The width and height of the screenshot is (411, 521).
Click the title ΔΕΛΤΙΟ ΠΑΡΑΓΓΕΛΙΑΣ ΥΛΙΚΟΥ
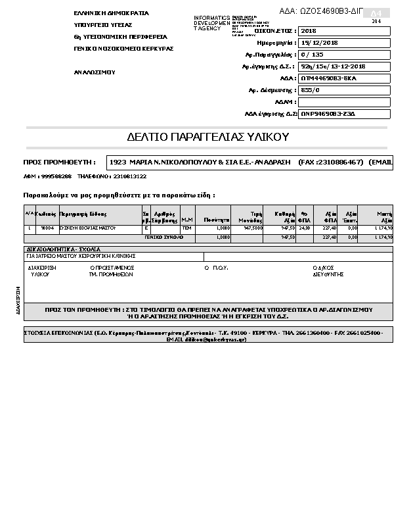207,137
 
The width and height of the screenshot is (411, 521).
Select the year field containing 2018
344,31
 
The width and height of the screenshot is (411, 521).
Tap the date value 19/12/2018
344,43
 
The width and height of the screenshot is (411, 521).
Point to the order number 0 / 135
344,55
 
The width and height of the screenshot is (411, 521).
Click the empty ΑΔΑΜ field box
344,102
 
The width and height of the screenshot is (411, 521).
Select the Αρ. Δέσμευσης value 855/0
344,90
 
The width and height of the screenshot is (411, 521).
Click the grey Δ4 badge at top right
376,13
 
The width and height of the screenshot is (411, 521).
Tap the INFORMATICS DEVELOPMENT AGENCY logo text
211,24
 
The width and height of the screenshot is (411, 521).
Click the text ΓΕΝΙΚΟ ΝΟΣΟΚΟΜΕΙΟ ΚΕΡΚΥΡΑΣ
123,49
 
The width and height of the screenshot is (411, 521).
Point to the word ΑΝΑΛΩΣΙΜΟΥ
95,71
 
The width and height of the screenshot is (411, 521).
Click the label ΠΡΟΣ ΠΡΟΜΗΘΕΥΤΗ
59,162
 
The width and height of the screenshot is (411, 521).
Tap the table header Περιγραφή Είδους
83,214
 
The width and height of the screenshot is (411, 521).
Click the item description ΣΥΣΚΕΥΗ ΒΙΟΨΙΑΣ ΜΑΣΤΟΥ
87,228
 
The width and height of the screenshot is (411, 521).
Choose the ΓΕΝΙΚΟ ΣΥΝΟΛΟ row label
164,237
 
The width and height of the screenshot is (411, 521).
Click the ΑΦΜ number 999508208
56,176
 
